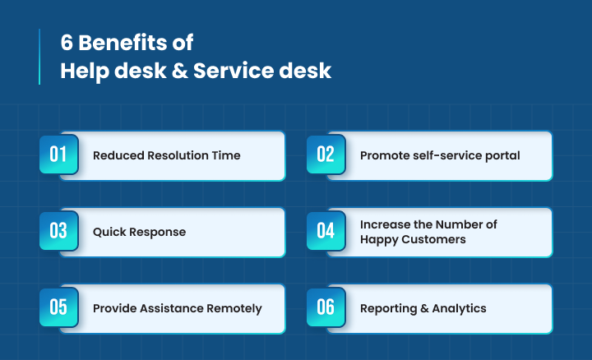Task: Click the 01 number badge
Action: pos(58,155)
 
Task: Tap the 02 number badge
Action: pos(326,155)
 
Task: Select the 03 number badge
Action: pos(58,231)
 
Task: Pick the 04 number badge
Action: pos(326,231)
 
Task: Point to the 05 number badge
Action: pos(58,307)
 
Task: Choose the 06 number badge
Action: pos(326,307)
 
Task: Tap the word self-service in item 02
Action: pos(444,155)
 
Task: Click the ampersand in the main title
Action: pos(184,72)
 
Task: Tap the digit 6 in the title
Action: pos(67,43)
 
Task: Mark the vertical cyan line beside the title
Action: pos(39,57)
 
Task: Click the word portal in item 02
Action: pos(501,155)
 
